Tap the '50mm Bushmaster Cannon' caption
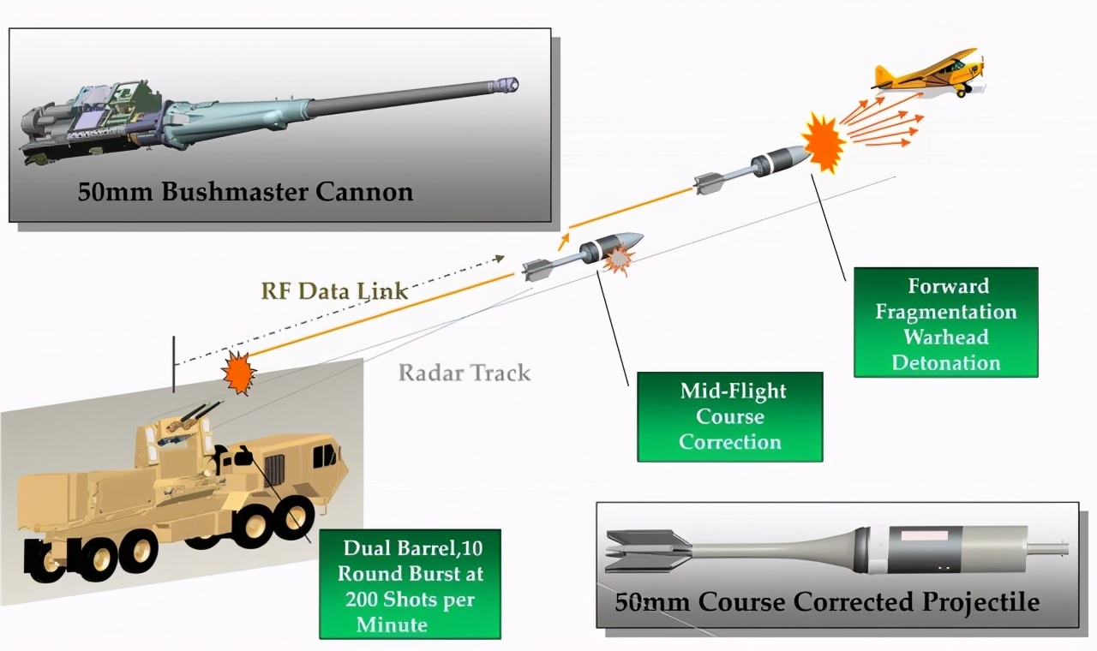coord(245,190)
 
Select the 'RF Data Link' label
coord(334,290)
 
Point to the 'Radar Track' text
coord(465,373)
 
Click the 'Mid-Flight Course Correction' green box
coord(729,416)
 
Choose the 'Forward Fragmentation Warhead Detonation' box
coord(945,323)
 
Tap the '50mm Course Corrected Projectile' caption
coord(827,601)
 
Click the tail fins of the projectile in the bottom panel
coord(647,550)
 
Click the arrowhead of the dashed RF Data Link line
coord(499,257)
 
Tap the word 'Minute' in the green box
coord(392,624)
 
